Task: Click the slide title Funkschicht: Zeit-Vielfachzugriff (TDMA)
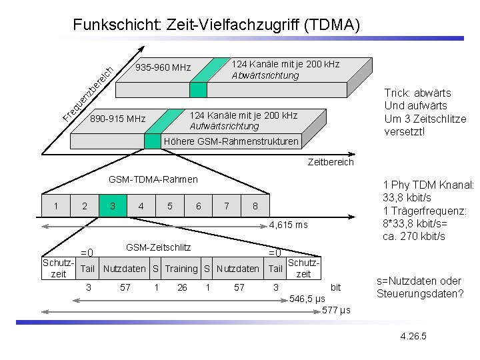(x=217, y=25)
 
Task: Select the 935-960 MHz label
(x=163, y=67)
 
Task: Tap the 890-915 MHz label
(x=117, y=119)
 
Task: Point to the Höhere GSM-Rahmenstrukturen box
(x=231, y=141)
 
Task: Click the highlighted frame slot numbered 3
(x=113, y=206)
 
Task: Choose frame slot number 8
(x=255, y=206)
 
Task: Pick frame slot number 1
(x=55, y=206)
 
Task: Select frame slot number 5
(x=170, y=206)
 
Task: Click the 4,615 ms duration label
(x=289, y=225)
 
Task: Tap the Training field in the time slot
(x=181, y=269)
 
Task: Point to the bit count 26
(x=181, y=287)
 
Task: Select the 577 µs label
(x=336, y=311)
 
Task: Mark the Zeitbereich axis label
(x=331, y=162)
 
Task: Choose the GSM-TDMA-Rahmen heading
(x=153, y=179)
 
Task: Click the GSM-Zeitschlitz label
(x=158, y=247)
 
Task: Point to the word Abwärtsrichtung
(x=265, y=75)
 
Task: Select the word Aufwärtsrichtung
(x=224, y=126)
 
